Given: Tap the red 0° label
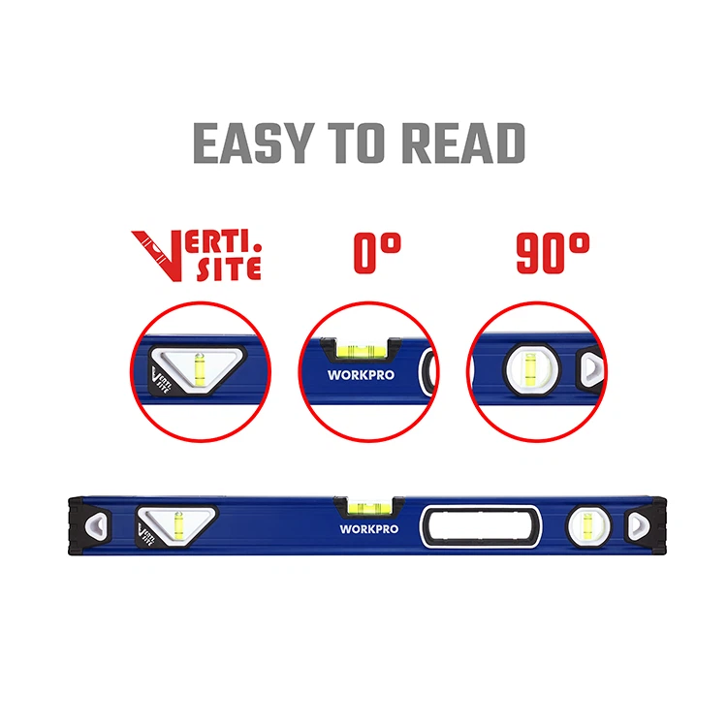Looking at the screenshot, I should pos(378,255).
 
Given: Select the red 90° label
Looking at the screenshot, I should pos(553,255).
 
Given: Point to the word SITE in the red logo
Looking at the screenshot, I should pos(230,268).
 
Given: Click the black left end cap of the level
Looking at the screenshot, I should pos(89,524).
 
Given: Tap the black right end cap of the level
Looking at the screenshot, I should pos(642,524).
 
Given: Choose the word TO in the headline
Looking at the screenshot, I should pos(365,143).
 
